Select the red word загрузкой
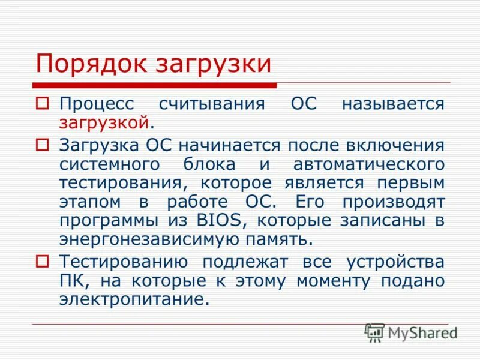[103, 123]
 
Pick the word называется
[393, 103]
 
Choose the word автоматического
[369, 164]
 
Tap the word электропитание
[134, 299]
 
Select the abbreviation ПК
[73, 280]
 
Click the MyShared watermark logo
[411, 332]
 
